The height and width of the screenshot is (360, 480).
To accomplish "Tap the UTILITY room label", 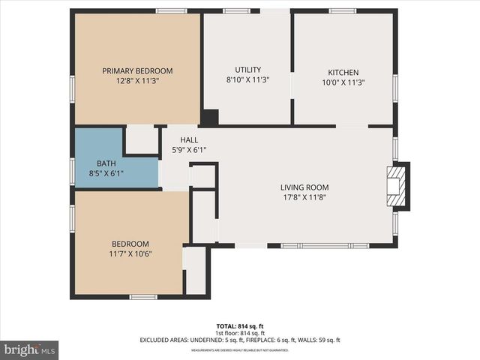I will (x=247, y=70).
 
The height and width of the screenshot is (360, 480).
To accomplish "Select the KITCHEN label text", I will (x=343, y=72).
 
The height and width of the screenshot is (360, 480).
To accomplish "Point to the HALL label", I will (x=189, y=140).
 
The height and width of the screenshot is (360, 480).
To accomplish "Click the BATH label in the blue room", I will (x=106, y=163).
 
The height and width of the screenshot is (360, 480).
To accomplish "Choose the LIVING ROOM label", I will (x=304, y=187).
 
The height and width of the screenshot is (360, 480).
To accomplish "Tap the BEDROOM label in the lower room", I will (x=130, y=244).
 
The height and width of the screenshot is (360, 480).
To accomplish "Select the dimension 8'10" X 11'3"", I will (x=247, y=79).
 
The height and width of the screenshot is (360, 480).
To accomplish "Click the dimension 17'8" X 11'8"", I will (x=304, y=197).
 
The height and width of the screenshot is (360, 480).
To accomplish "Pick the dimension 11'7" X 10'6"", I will (x=130, y=253).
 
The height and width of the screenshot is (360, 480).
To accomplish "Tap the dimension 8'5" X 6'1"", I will (x=106, y=173).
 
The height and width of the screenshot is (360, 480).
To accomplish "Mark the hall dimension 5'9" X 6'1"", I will (x=189, y=149).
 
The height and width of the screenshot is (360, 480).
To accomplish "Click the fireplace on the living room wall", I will (x=397, y=186).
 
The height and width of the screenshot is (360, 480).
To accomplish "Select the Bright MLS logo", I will (x=29, y=349).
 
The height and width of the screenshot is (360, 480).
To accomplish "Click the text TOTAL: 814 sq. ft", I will (x=239, y=326).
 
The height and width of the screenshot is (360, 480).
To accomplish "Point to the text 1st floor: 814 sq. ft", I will (x=239, y=333).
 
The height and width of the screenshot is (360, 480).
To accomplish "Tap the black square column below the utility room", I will (x=210, y=118).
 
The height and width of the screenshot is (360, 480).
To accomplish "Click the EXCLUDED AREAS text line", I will (x=239, y=340).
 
